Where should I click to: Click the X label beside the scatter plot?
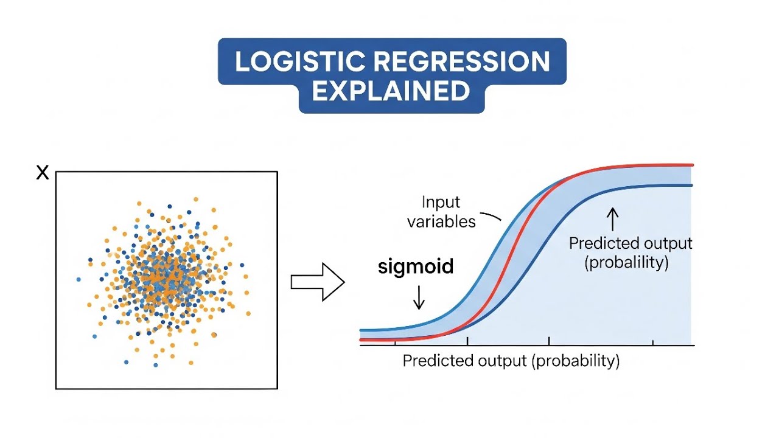(x=42, y=173)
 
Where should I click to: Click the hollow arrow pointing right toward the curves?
(x=318, y=282)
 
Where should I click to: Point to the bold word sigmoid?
(x=416, y=267)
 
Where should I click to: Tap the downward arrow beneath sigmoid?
(x=419, y=297)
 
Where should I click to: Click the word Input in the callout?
(x=441, y=202)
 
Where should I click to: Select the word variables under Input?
(x=441, y=221)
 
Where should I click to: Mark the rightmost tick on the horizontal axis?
(x=653, y=342)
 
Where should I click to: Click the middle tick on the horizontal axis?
(x=550, y=342)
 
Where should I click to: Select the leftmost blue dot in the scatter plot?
(x=79, y=279)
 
